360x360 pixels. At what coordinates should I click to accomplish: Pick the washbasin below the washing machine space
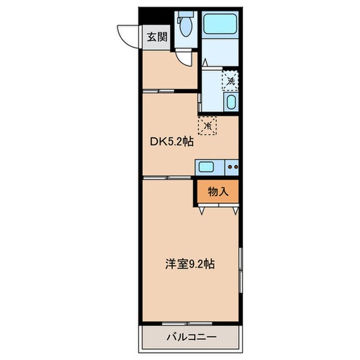(x=231, y=102)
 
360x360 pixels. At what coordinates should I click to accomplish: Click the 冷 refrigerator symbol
(x=207, y=125)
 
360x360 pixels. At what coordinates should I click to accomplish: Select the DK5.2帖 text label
(x=171, y=142)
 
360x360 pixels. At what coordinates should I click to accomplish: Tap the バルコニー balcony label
(x=191, y=337)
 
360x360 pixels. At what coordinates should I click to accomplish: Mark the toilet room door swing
(x=188, y=58)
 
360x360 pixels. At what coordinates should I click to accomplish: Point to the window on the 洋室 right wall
(x=240, y=270)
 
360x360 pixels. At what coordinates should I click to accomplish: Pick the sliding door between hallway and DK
(x=160, y=91)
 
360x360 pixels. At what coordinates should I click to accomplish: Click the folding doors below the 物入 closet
(x=218, y=208)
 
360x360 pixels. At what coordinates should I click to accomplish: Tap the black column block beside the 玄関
(x=147, y=15)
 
